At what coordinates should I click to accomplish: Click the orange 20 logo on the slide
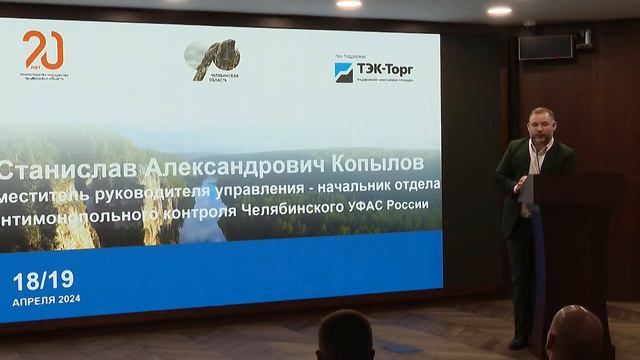point(43,49)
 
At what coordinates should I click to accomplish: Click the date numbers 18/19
point(43,279)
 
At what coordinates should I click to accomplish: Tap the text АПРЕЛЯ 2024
point(46,299)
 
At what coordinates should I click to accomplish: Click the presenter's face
point(541,125)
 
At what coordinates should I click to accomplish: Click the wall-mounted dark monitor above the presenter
point(545,47)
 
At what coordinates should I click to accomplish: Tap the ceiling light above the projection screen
point(349,4)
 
